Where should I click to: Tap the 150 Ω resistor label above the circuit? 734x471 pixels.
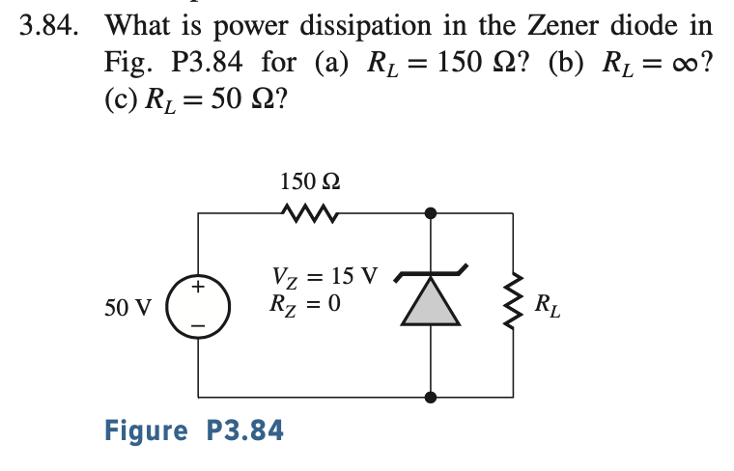[x=309, y=180]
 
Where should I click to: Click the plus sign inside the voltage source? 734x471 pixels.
[x=199, y=288]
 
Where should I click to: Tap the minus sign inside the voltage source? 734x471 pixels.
[x=199, y=325]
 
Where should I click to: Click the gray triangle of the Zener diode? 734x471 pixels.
[x=430, y=303]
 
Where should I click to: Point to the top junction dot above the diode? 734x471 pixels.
[x=431, y=211]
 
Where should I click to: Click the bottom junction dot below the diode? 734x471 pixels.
[x=431, y=396]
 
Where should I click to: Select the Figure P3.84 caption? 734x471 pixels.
[x=194, y=430]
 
